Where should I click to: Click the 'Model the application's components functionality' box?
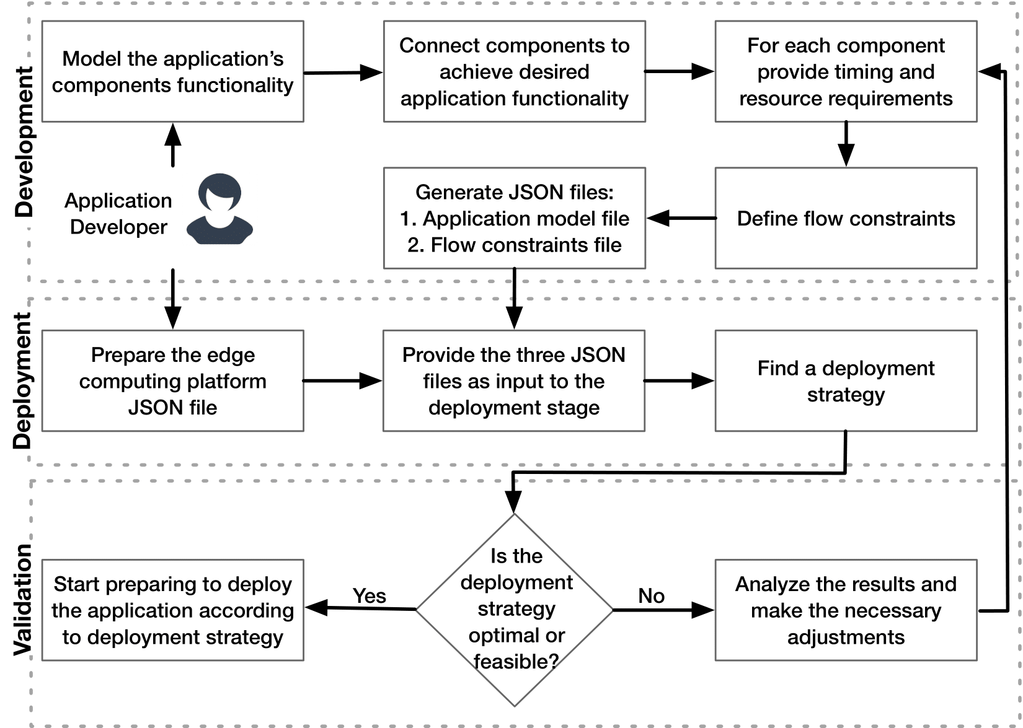pos(172,71)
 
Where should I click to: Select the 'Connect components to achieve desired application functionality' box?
pos(514,71)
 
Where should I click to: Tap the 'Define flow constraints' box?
pos(846,218)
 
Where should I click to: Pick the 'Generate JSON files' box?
pos(514,218)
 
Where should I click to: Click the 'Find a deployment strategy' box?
pos(846,380)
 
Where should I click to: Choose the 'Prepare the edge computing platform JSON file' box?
pos(172,380)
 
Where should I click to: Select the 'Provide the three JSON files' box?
pos(514,380)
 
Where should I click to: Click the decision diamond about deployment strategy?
pos(514,610)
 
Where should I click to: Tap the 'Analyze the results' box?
pos(846,610)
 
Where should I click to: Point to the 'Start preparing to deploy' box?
pos(172,610)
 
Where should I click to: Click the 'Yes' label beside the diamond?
pos(369,595)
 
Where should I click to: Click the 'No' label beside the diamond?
pos(651,595)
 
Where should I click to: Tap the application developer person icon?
pos(219,209)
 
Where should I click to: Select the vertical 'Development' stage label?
pos(24,141)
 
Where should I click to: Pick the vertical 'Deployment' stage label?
pos(22,380)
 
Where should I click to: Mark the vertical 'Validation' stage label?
pos(22,600)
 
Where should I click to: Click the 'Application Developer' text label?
pos(118,214)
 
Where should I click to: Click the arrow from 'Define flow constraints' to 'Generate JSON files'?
pos(681,218)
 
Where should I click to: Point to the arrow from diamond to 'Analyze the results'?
pos(663,610)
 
